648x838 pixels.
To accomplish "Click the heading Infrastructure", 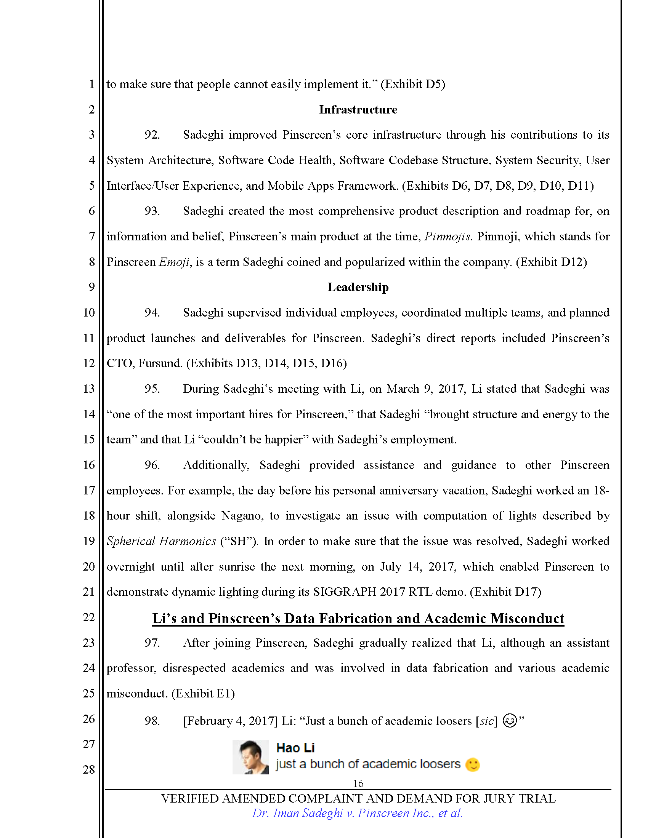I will pos(358,110).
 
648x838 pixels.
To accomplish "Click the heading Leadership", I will pos(358,287).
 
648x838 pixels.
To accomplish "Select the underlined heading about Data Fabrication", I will pos(358,619).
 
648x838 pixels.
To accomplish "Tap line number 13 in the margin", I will pos(89,389).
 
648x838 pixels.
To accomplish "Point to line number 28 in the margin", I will pos(89,769).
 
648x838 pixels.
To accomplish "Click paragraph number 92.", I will pos(152,135).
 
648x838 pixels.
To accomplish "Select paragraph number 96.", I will pos(152,465).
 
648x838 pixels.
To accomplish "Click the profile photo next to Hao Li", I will pos(250,757).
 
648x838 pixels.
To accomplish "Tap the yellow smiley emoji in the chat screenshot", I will pos(472,764).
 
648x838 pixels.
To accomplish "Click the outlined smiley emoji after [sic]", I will pos(509,721).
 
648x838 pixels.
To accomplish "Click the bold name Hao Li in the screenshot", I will pos(295,748).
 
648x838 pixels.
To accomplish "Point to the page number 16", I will pos(358,783).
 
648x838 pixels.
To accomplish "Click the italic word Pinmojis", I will pos(447,237).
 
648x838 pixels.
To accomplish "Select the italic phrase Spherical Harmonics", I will pos(161,541).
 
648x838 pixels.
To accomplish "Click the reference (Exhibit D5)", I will pos(413,84).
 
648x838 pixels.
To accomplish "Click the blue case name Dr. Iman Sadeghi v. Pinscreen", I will pos(357,813).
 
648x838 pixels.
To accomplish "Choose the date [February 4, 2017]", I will pos(230,721).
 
